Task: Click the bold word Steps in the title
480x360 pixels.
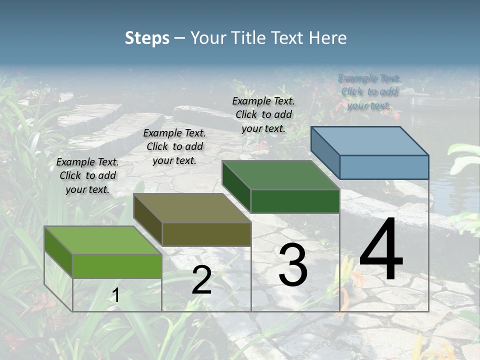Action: coord(147,38)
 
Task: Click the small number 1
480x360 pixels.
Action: coord(116,295)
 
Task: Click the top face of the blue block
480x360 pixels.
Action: coord(370,140)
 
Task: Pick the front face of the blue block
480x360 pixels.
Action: coord(384,167)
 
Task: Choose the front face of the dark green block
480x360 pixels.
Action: coord(295,201)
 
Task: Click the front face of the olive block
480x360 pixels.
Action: coord(206,234)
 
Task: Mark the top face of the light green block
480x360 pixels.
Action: coord(103,240)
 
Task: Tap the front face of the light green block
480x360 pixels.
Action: coord(117,266)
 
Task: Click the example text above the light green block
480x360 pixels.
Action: coord(87,175)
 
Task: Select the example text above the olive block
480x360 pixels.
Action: coord(174,146)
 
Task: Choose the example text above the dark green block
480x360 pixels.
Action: coord(263,114)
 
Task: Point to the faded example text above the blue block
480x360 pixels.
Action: coord(369,91)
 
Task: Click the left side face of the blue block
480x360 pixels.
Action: coord(325,152)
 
